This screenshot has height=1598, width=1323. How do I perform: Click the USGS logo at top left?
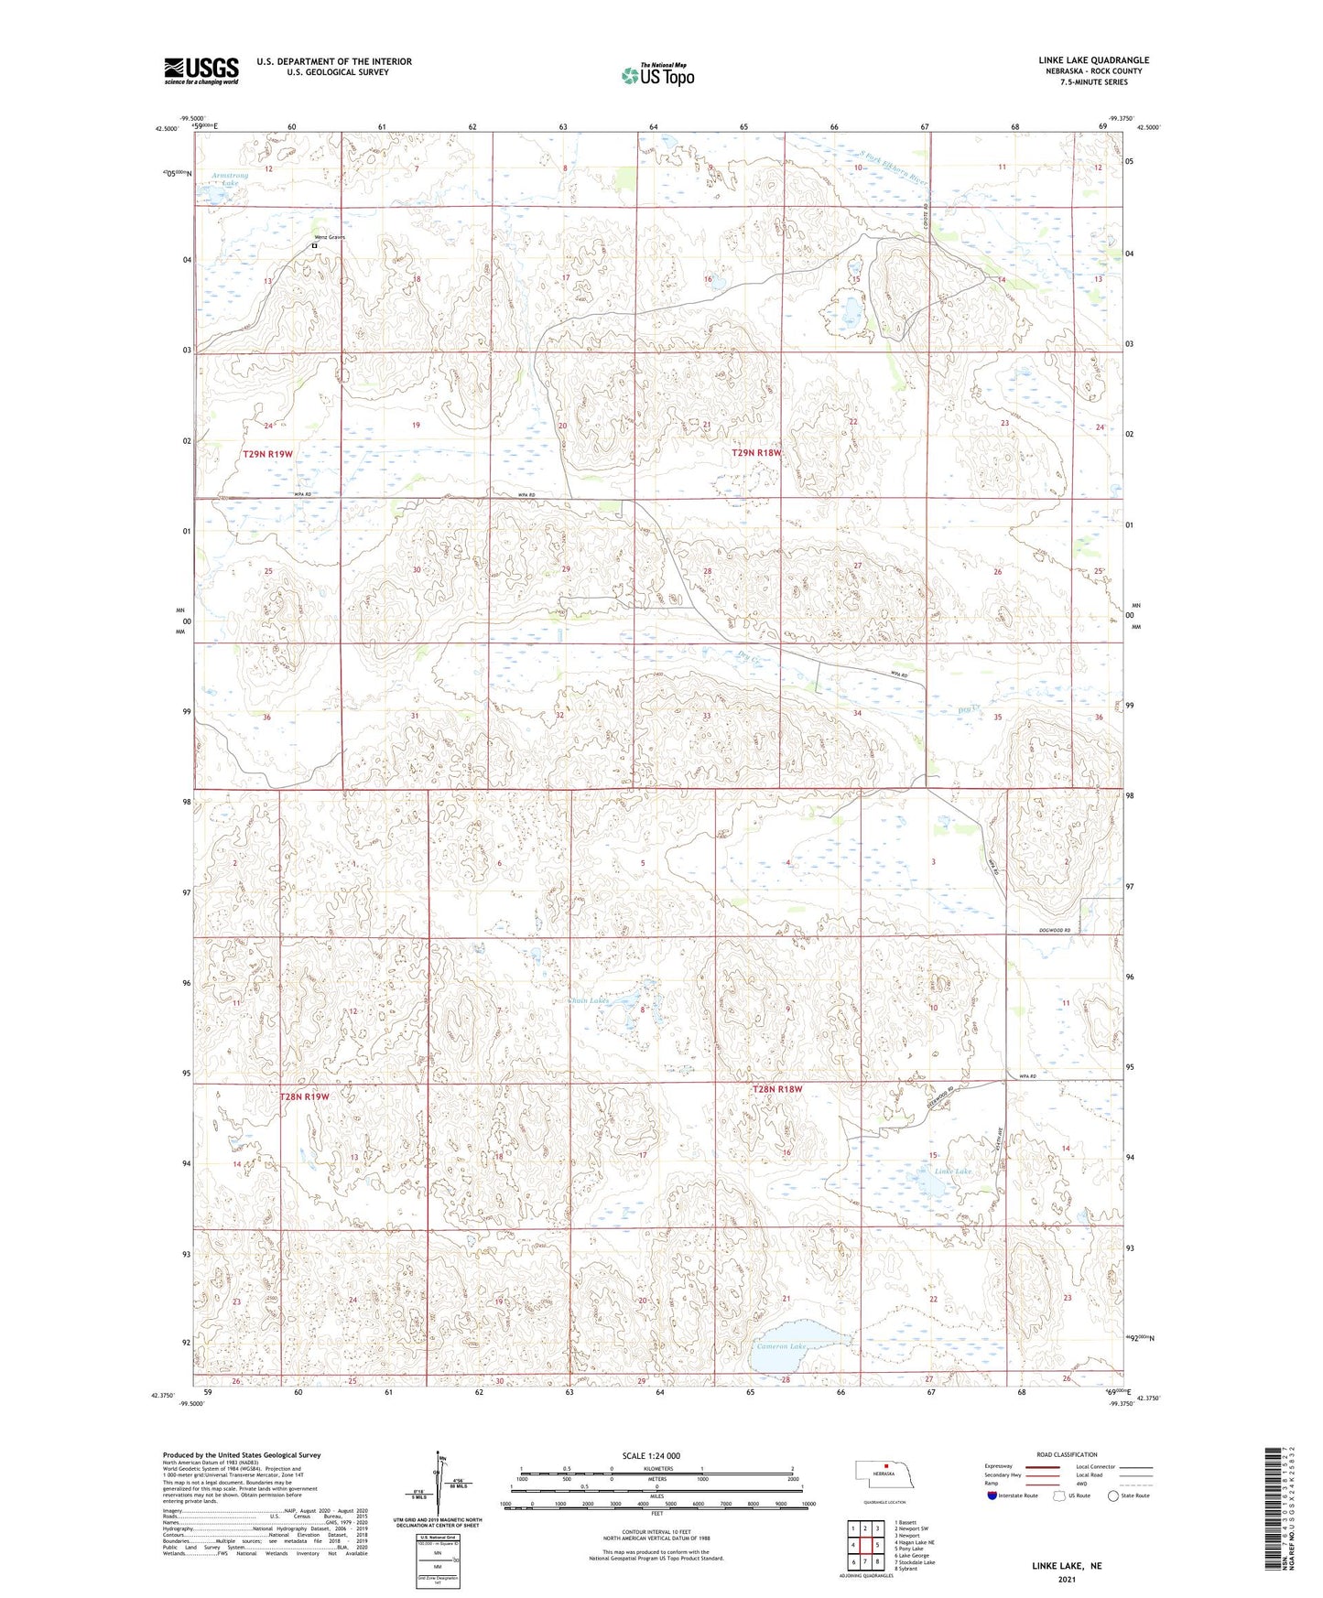tap(201, 70)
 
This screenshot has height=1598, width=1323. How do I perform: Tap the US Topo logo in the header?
tap(656, 75)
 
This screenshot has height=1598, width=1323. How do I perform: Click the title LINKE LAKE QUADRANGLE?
tap(1088, 60)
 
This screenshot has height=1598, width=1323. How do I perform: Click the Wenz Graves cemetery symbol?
tap(314, 245)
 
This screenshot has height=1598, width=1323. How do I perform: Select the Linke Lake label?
tap(952, 1171)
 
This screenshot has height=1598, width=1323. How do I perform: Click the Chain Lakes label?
tap(588, 1000)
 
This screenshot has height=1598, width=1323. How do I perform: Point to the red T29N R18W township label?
tap(757, 453)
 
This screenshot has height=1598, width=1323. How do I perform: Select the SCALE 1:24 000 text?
tap(651, 1456)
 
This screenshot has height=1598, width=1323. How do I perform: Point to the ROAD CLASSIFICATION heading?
tap(1067, 1454)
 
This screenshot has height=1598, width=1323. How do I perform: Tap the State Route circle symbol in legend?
tap(1113, 1495)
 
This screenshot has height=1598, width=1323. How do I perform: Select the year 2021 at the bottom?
tap(1066, 1579)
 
